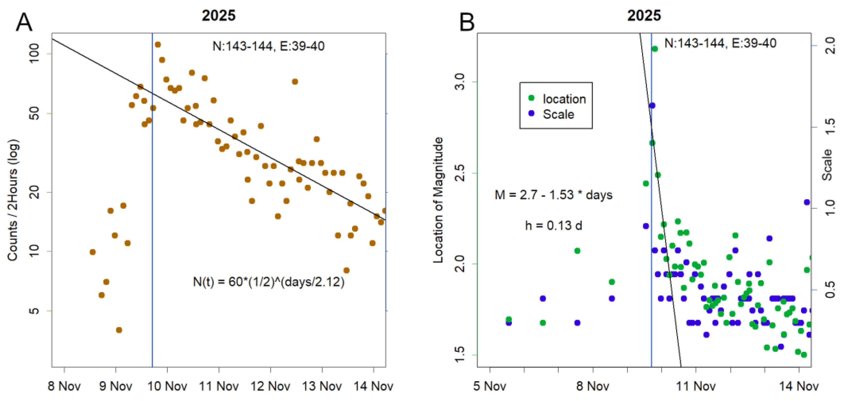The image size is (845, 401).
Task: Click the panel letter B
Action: click(x=467, y=22)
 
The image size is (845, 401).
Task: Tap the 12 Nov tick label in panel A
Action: click(x=270, y=386)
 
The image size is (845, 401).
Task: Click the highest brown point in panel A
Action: click(x=158, y=44)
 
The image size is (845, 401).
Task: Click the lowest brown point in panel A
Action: click(x=119, y=330)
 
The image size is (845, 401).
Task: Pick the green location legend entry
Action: click(x=558, y=99)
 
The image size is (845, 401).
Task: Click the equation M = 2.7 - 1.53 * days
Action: click(x=553, y=195)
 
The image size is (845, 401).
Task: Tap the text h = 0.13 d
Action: click(x=553, y=225)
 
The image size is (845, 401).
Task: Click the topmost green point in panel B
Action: click(x=655, y=49)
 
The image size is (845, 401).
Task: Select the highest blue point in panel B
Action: click(x=652, y=105)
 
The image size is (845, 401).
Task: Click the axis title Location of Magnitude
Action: click(x=438, y=200)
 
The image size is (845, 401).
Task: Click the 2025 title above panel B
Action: click(x=644, y=15)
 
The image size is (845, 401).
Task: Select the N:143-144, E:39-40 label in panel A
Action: click(x=268, y=46)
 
